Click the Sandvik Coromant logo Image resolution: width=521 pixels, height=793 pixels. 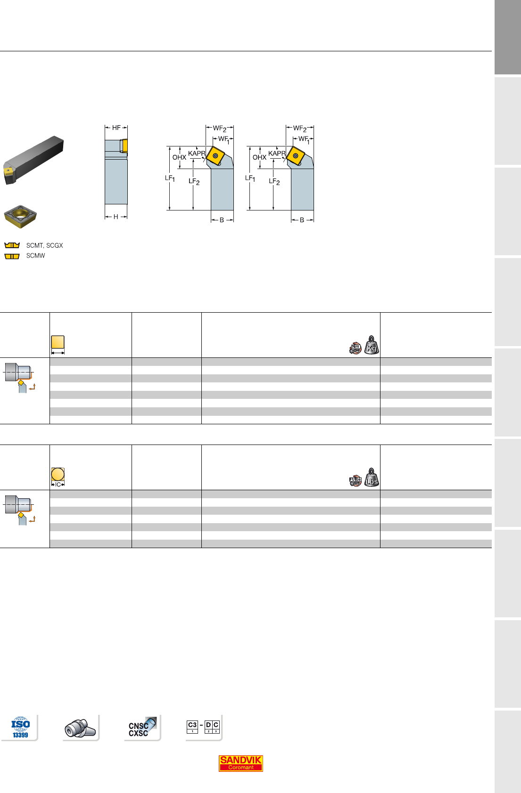(x=240, y=763)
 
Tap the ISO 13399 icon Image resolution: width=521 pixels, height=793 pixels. (x=20, y=727)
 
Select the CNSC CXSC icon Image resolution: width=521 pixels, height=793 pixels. (x=142, y=727)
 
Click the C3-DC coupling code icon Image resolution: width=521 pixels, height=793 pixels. (x=203, y=727)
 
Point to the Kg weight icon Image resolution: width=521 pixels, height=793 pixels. (x=372, y=345)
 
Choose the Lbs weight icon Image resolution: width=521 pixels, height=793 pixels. (x=372, y=477)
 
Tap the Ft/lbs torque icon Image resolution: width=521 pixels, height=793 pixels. (x=355, y=481)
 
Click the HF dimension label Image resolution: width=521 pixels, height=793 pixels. (x=116, y=128)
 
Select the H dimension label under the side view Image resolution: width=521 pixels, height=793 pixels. (x=116, y=217)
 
